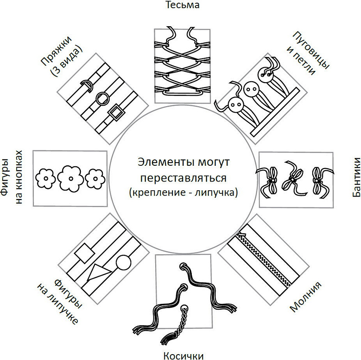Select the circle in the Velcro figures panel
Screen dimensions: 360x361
[x=123, y=262]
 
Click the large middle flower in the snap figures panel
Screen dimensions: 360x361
[x=70, y=176]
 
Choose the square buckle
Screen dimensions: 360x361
[x=116, y=112]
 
